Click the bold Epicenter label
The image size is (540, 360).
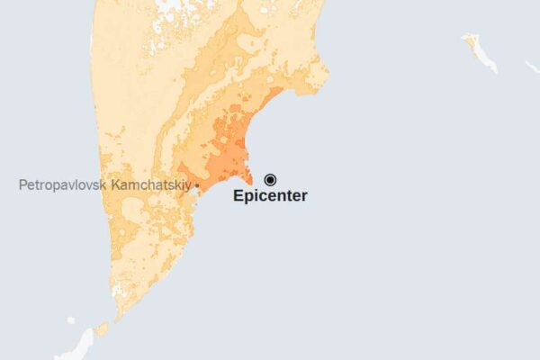270,195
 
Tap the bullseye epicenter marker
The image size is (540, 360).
270,179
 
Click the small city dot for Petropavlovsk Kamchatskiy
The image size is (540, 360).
197,185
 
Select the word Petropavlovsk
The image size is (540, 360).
61,185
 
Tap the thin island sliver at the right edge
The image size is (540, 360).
532,67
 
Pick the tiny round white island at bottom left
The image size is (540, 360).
71,319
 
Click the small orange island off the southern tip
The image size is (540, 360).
102,329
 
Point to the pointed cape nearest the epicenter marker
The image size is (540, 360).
250,183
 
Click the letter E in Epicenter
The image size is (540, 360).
238,195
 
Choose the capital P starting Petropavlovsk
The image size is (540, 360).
22,185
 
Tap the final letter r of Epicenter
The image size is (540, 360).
304,195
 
